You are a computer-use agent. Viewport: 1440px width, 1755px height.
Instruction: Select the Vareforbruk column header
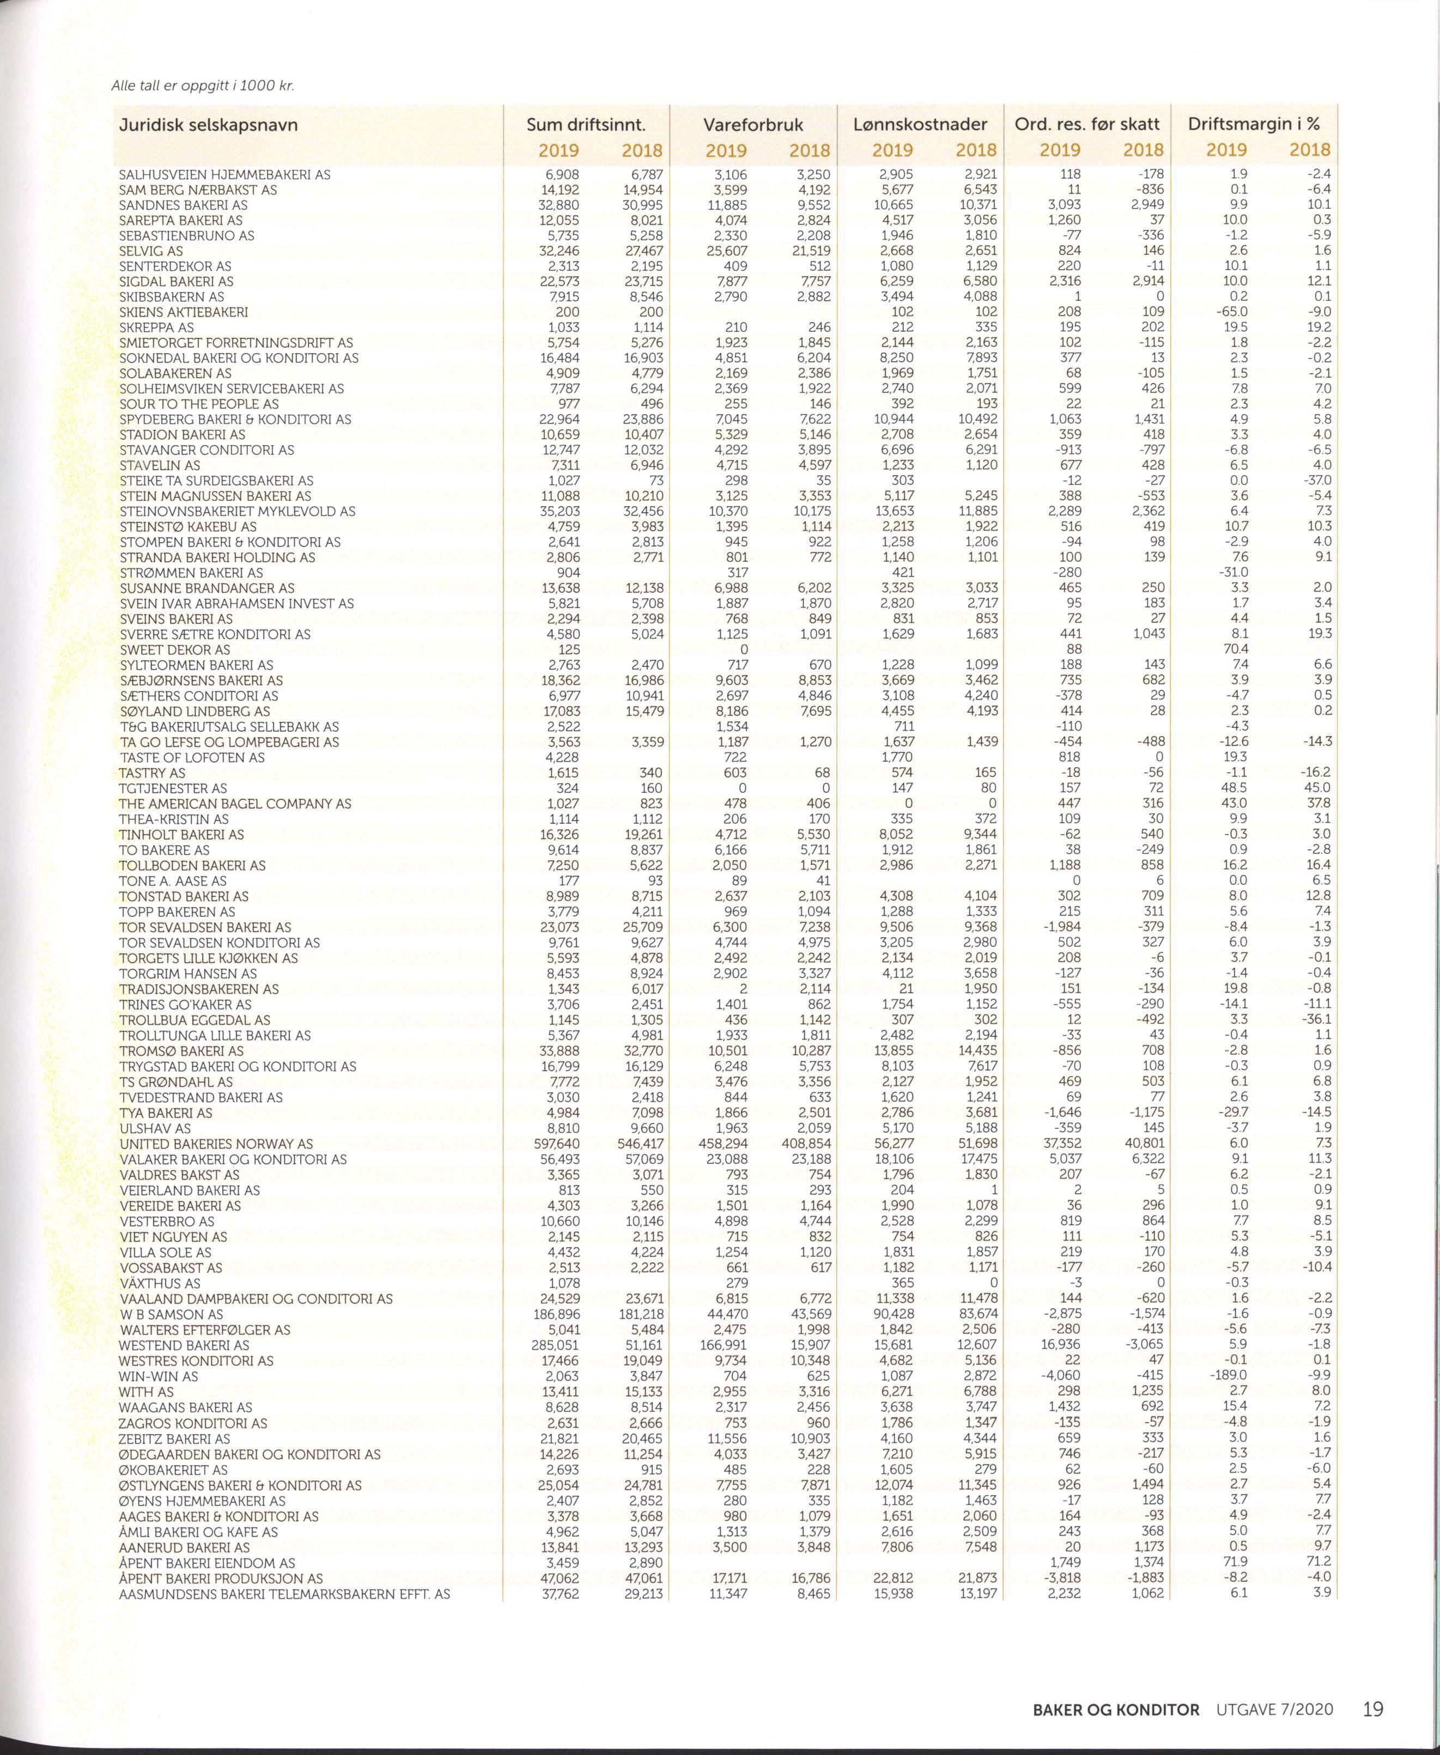(x=753, y=125)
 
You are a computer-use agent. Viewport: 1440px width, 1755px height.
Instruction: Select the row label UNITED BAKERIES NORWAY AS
(x=216, y=1144)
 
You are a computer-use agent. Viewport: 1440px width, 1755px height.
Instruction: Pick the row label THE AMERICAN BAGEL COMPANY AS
(x=235, y=804)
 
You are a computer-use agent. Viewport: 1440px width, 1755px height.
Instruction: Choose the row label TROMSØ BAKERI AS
(x=181, y=1051)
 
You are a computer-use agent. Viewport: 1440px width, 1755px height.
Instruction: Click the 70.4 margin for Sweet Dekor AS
(x=1235, y=649)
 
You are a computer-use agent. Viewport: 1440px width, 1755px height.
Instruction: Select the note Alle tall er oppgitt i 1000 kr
(x=203, y=86)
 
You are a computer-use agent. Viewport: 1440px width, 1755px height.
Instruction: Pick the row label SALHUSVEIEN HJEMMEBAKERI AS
(x=225, y=174)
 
